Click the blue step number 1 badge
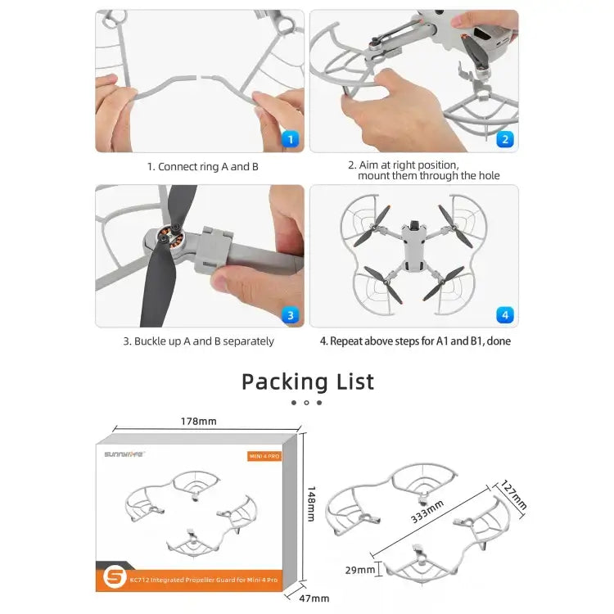(290, 139)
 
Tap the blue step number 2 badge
(504, 139)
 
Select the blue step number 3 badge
(290, 314)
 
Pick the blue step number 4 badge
(504, 314)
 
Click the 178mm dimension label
(198, 422)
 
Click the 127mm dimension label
(513, 495)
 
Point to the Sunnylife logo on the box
(124, 456)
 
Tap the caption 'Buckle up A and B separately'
(199, 341)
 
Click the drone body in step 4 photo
(413, 250)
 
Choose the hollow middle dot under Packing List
(306, 403)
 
